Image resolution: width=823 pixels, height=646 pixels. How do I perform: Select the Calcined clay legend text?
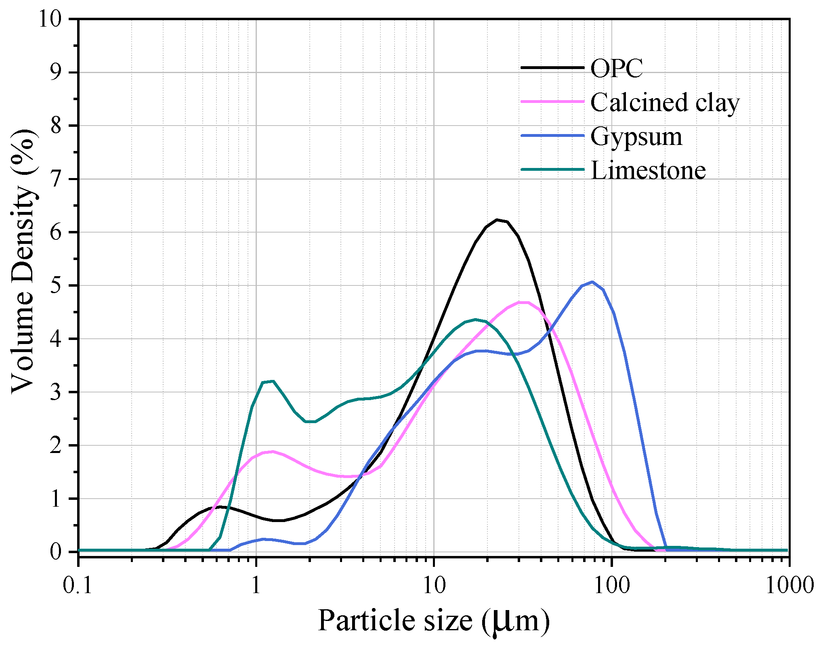[x=665, y=102]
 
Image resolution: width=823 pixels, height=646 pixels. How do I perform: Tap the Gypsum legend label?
[x=636, y=136]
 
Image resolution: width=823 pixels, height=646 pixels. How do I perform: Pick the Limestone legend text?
[x=648, y=170]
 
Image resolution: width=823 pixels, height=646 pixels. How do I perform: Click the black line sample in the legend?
[x=552, y=67]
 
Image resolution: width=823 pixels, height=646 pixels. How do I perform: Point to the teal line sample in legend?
[x=552, y=169]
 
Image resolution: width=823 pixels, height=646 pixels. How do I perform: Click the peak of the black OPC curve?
[x=498, y=220]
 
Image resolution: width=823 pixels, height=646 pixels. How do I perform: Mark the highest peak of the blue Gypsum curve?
[x=592, y=282]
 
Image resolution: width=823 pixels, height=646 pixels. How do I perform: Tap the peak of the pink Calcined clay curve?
[x=524, y=302]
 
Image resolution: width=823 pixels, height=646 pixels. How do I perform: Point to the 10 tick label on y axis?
[x=50, y=19]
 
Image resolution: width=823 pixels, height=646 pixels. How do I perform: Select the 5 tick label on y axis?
[x=57, y=285]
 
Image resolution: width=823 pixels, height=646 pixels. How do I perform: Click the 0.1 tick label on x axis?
[x=78, y=585]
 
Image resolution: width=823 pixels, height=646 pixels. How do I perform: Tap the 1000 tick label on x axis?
[x=788, y=585]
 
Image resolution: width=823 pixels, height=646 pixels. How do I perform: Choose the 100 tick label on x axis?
[x=612, y=585]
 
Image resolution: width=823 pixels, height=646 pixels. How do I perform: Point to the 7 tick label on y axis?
[x=57, y=179]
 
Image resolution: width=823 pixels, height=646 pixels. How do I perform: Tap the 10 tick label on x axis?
[x=434, y=585]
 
